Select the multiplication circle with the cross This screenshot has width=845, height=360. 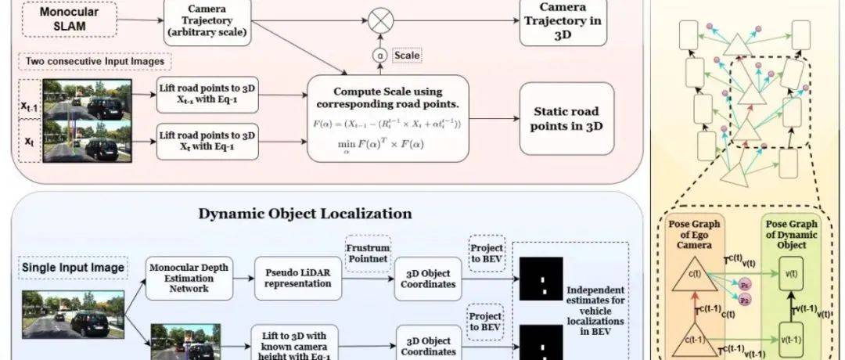[379, 19]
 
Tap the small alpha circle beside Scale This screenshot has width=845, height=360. [379, 56]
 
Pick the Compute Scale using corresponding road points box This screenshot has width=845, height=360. [388, 117]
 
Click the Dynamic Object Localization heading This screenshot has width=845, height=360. [305, 213]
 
